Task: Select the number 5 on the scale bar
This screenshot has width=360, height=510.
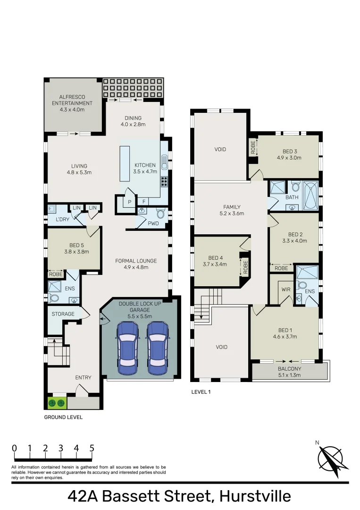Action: click(x=92, y=448)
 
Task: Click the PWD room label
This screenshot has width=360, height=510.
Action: click(x=153, y=223)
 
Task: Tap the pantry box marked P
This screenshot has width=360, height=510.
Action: click(x=129, y=201)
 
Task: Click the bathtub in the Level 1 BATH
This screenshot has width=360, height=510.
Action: click(x=310, y=196)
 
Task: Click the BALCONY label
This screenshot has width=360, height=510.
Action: click(x=290, y=369)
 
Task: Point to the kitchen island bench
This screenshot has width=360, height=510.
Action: click(x=125, y=163)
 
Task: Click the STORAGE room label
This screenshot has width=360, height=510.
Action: click(x=63, y=314)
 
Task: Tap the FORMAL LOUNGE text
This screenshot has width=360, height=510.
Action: click(x=136, y=261)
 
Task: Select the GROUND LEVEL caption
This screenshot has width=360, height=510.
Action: click(x=63, y=417)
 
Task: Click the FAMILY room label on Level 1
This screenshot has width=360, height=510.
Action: click(x=232, y=207)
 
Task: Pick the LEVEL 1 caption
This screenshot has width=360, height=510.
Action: click(x=201, y=391)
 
